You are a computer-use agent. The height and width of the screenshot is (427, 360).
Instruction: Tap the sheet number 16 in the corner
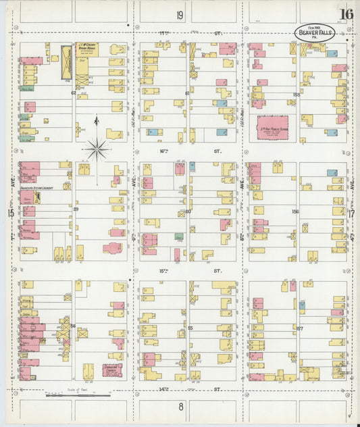346,14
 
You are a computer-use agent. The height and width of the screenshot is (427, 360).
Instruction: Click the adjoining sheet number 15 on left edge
10,213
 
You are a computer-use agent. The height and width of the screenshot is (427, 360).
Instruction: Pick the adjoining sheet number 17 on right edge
351,213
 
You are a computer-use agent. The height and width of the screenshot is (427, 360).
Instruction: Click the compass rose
97,149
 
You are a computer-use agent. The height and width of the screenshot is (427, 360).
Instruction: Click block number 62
73,93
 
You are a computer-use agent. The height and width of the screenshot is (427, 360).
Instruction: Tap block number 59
76,209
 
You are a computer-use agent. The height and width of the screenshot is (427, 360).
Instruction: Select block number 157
300,329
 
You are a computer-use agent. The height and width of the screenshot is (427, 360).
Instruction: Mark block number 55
190,328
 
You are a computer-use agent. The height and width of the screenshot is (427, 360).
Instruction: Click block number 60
188,211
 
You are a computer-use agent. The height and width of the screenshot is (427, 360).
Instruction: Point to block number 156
295,211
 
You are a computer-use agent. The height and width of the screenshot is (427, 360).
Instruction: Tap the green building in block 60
179,237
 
